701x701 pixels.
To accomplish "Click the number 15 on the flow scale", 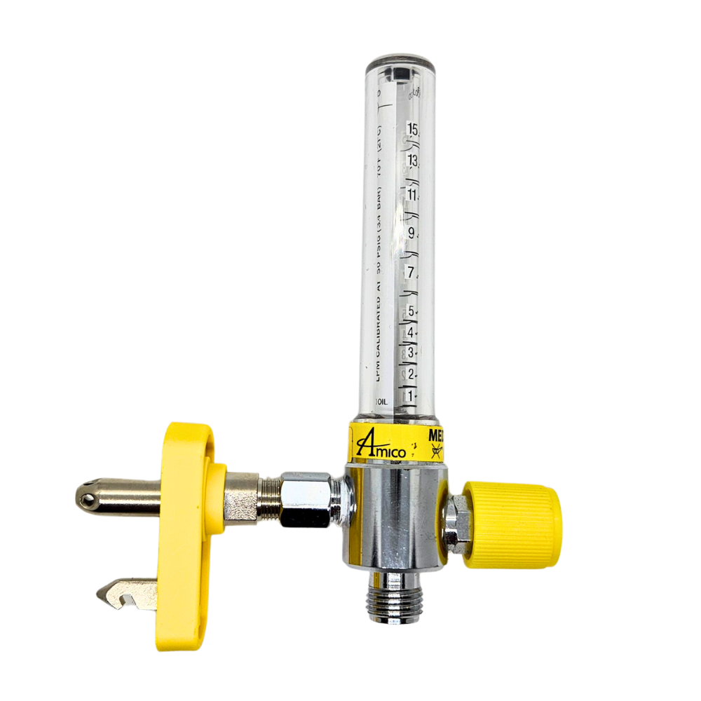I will (x=412, y=129).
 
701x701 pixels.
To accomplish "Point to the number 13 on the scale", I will (x=412, y=161).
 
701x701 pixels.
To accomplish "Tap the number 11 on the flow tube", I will (x=412, y=194).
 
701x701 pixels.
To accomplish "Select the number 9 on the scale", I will (x=412, y=233).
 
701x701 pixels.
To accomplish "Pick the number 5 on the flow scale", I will (x=412, y=311).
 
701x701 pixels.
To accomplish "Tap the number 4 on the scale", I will (x=412, y=332).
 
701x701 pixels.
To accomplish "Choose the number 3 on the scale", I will (x=412, y=352).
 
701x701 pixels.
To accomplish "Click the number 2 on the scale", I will (x=412, y=373).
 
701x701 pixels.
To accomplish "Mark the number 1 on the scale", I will (x=412, y=396).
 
